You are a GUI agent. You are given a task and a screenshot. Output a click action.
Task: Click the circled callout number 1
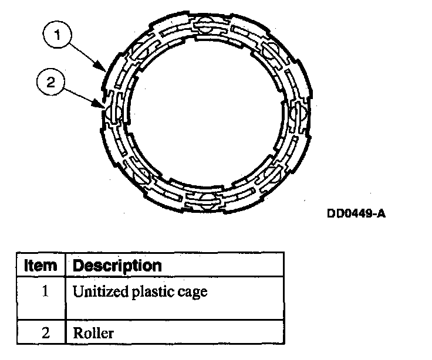pos(56,36)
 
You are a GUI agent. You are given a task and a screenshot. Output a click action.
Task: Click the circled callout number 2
pos(50,83)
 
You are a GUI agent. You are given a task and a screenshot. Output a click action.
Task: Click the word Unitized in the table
pos(96,291)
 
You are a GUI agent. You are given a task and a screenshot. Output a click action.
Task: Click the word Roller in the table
pos(93,334)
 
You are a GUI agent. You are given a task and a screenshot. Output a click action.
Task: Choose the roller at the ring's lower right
pos(269,174)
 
